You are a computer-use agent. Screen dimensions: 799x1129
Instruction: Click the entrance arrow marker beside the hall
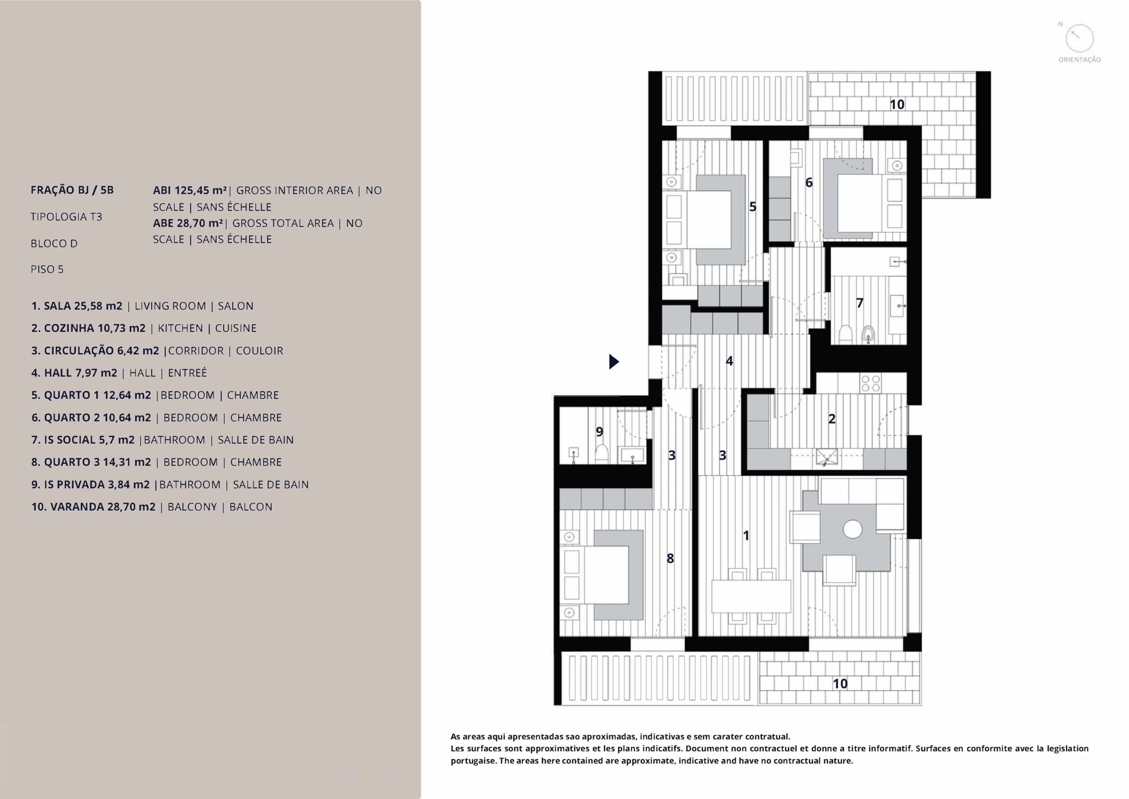(x=613, y=362)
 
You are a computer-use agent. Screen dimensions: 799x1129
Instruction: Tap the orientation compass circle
(x=1079, y=39)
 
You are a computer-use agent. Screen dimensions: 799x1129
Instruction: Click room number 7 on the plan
(x=860, y=303)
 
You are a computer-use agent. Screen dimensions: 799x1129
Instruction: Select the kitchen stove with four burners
(x=871, y=383)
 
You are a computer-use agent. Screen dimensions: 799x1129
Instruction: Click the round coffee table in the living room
(x=852, y=529)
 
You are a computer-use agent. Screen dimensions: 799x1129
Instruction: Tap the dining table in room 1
(x=751, y=596)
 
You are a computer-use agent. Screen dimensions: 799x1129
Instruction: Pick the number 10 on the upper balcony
(x=897, y=104)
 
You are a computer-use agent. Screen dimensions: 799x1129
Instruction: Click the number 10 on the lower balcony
(x=840, y=683)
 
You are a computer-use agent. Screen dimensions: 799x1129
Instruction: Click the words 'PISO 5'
(x=47, y=269)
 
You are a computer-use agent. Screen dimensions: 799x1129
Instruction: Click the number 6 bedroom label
(x=809, y=183)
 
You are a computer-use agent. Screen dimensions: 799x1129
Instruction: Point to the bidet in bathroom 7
(x=868, y=335)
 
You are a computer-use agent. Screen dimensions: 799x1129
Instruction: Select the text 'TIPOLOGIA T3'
(x=67, y=217)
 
